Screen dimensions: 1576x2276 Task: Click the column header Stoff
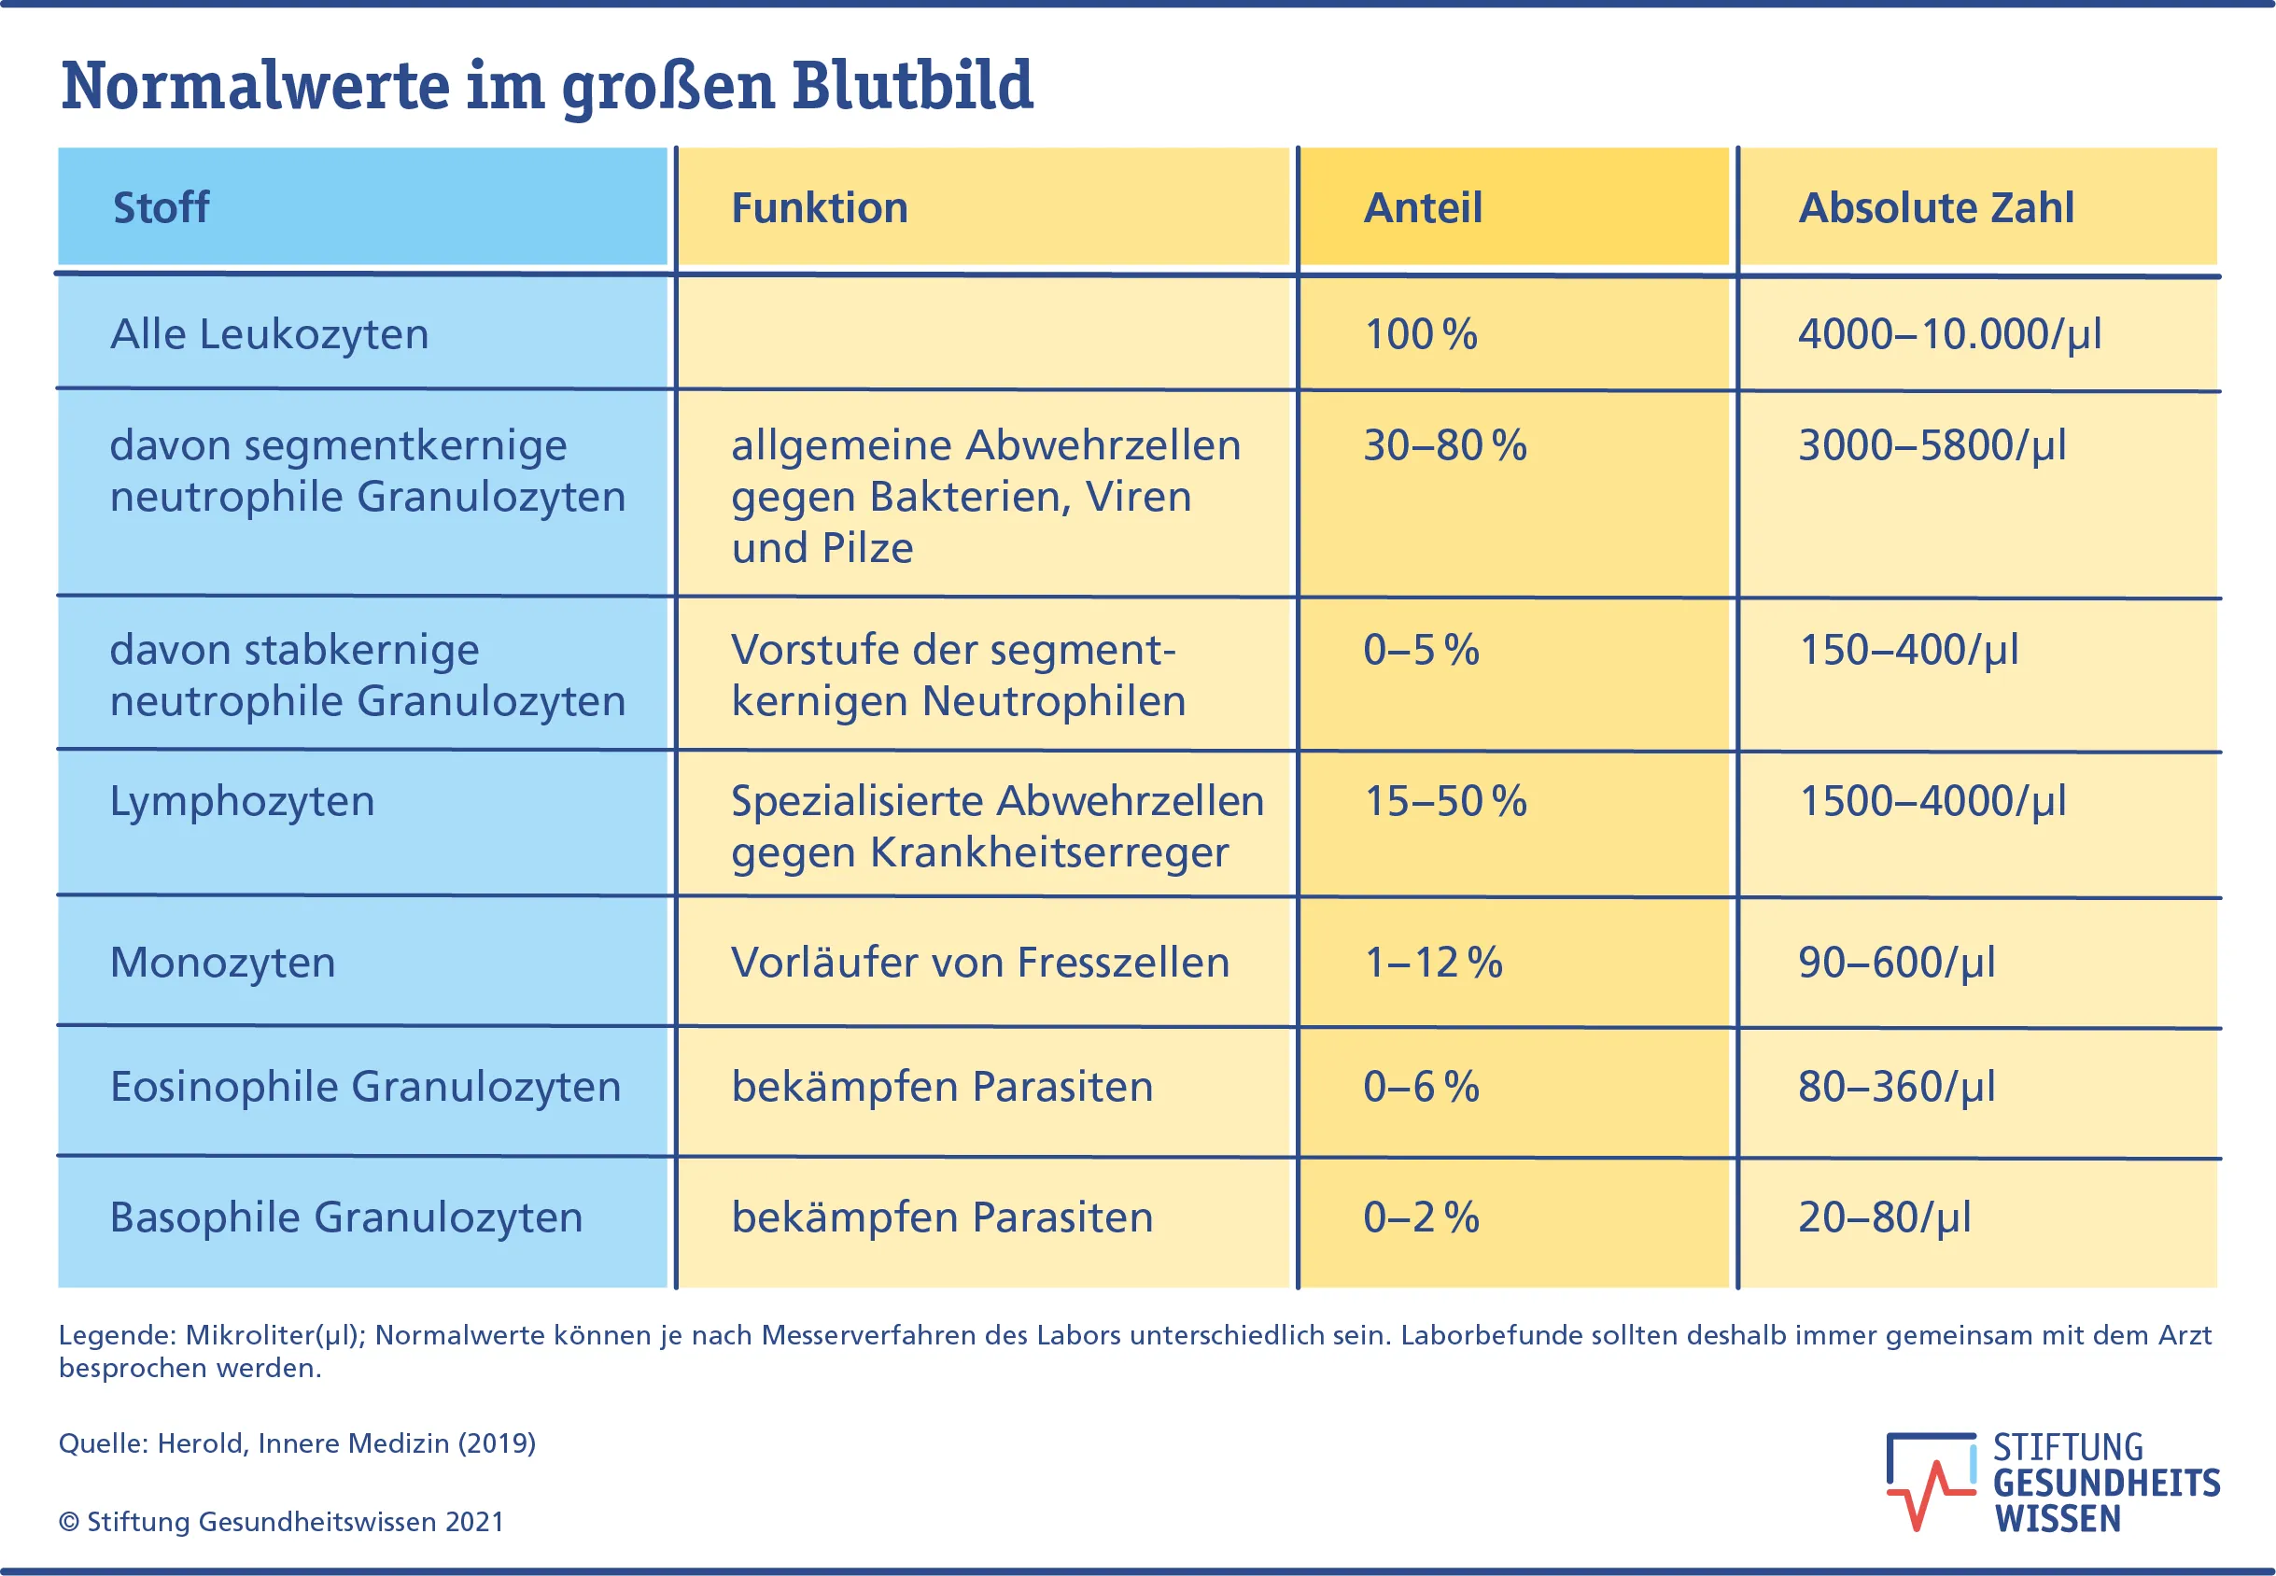161,207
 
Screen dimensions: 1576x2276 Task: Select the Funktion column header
819,207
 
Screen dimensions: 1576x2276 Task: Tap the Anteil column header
1423,207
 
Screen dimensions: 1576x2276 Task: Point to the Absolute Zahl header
1935,207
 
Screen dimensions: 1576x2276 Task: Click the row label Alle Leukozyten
269,333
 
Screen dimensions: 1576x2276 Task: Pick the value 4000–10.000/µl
1949,333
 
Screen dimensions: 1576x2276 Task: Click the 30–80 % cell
1444,445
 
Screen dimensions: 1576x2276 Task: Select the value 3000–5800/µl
1932,445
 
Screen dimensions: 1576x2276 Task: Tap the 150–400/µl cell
1907,650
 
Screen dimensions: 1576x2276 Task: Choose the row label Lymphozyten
242,801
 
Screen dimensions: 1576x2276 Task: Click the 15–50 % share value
1444,801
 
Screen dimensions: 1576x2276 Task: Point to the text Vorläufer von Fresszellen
979,963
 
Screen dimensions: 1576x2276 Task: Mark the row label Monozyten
222,963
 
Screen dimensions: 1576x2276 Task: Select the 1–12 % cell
1433,963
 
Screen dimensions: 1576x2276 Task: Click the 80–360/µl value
1896,1087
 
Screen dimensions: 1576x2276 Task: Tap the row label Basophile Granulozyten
345,1217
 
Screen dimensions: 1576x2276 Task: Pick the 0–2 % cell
1421,1217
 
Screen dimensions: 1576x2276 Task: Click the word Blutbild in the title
911,86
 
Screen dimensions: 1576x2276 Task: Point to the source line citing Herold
296,1443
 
